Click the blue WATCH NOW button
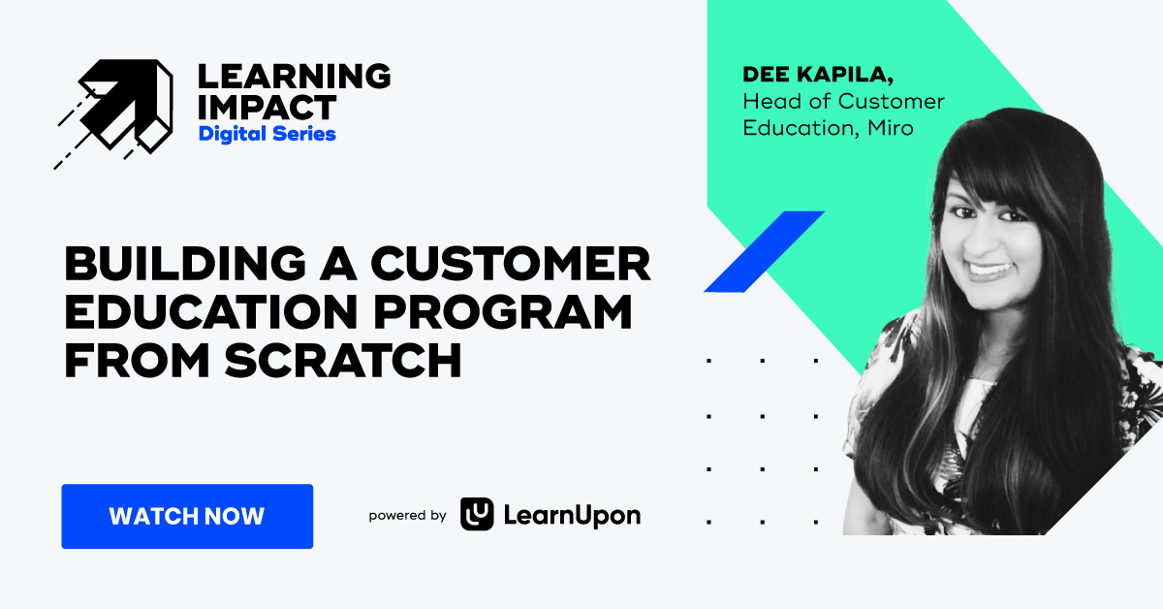[187, 516]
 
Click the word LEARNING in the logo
[294, 76]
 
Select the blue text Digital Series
[267, 134]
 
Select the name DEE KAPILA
[807, 75]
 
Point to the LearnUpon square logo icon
[477, 515]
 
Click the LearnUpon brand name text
[572, 516]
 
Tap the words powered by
[407, 516]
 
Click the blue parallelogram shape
[764, 251]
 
